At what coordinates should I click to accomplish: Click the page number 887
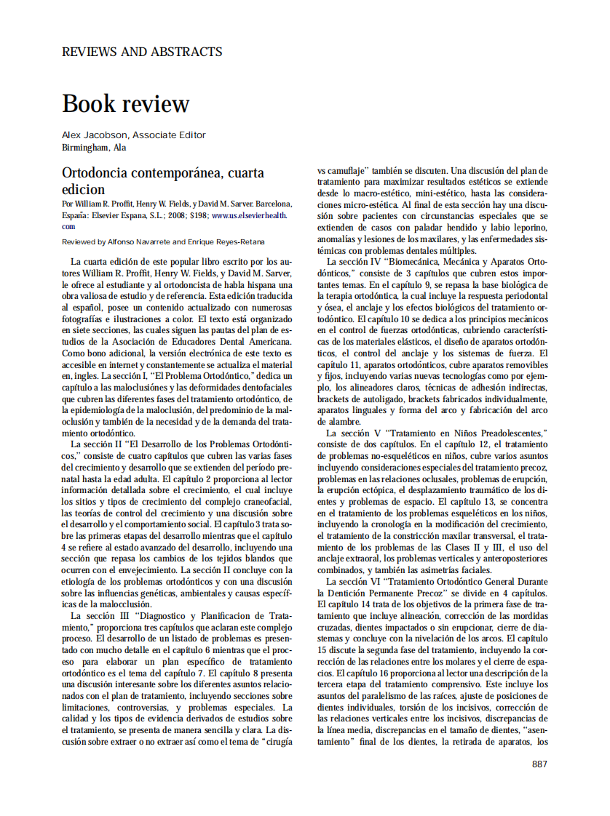pyautogui.click(x=539, y=764)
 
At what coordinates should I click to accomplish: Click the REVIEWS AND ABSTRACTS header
pyautogui.click(x=142, y=52)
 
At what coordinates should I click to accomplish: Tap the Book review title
pyautogui.click(x=125, y=103)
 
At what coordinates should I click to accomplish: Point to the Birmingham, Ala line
pyautogui.click(x=94, y=147)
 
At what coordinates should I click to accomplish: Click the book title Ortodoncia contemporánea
pyautogui.click(x=163, y=173)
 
